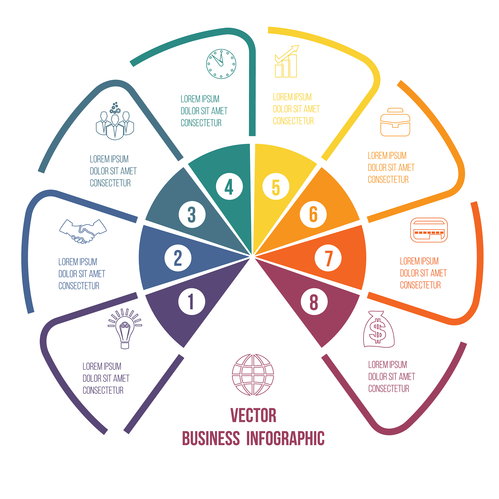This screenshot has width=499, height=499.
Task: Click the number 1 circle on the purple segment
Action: [192, 301]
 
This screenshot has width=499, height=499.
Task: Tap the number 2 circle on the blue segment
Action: [178, 258]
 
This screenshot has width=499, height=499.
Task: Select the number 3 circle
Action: [192, 214]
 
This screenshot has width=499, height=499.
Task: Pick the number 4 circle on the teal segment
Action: [229, 186]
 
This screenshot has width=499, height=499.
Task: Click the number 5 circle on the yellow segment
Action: [276, 186]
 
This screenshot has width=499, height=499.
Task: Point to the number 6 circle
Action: [313, 214]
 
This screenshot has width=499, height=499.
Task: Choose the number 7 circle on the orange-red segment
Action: [328, 258]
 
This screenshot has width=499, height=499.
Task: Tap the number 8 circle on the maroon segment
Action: [314, 301]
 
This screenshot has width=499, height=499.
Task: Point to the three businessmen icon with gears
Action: [115, 122]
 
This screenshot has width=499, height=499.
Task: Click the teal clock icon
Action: [221, 64]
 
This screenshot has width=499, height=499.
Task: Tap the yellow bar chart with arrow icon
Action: [287, 62]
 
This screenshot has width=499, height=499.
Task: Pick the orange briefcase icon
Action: [395, 122]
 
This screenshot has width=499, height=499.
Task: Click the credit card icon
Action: [429, 230]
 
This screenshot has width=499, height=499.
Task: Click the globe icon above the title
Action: [253, 375]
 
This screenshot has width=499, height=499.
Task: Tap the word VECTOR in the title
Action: [253, 416]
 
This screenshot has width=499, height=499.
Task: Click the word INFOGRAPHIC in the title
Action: [285, 439]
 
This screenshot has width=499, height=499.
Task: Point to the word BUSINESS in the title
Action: [211, 439]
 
